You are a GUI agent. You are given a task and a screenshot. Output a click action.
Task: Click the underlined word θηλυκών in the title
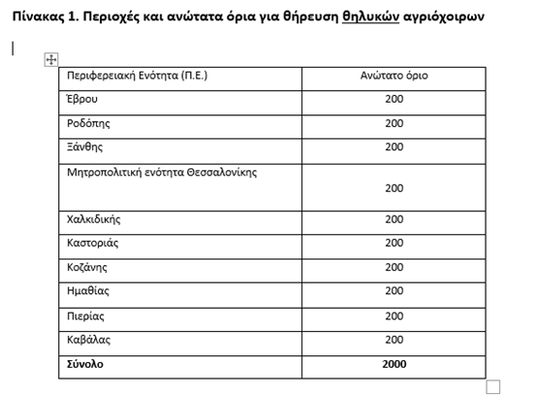click(x=372, y=17)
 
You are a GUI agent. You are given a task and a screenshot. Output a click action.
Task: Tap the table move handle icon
click(x=50, y=60)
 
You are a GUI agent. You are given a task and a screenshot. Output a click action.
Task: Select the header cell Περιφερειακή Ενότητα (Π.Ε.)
click(x=137, y=76)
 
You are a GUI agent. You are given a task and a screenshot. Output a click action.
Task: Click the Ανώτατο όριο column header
click(x=394, y=76)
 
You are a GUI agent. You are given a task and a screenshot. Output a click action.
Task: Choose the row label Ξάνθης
click(x=84, y=147)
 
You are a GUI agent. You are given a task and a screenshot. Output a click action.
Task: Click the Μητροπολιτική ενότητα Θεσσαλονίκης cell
click(x=162, y=172)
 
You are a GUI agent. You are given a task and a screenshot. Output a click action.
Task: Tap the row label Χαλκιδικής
click(x=94, y=219)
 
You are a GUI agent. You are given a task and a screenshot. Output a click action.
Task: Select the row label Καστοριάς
click(x=93, y=243)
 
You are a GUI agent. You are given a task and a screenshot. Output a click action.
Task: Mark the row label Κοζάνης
click(x=87, y=267)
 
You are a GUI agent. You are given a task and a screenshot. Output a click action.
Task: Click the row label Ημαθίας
click(x=87, y=291)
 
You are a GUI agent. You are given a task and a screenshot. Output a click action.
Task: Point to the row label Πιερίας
click(x=85, y=316)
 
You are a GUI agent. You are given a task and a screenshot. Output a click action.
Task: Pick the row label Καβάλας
click(x=88, y=340)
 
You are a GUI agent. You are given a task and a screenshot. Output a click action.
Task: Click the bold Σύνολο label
click(x=85, y=364)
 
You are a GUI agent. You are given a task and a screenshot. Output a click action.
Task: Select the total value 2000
click(x=394, y=364)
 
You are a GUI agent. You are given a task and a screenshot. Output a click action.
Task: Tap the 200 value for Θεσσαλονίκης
click(x=394, y=188)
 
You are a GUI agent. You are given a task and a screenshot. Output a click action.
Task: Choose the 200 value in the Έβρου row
click(x=394, y=100)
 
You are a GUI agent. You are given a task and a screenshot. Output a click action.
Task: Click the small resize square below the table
click(x=492, y=386)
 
